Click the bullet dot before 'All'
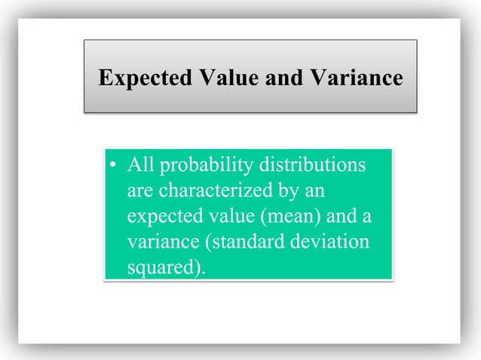click(x=112, y=165)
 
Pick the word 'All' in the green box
click(x=139, y=163)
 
